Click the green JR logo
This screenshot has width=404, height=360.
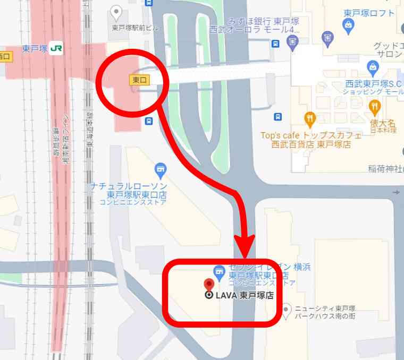pos(56,48)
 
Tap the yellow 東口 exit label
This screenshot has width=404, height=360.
pos(139,80)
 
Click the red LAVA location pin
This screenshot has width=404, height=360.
pos(209,283)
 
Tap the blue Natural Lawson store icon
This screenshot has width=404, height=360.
pos(160,170)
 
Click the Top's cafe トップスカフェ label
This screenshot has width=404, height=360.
pos(310,135)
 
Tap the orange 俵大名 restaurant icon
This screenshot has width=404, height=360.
pos(375,107)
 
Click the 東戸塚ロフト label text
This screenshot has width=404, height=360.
pos(370,13)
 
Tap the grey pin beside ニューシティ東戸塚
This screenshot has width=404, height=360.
pos(287,308)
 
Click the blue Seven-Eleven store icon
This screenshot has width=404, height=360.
pos(218,272)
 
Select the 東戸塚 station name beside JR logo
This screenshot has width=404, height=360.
pos(35,48)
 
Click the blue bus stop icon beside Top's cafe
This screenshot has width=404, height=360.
pos(277,117)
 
